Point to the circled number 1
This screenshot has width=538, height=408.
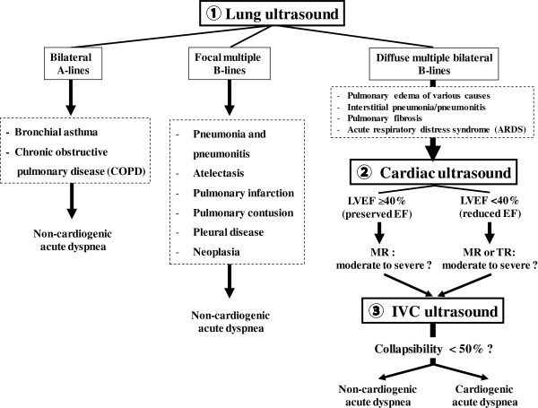click(216, 14)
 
